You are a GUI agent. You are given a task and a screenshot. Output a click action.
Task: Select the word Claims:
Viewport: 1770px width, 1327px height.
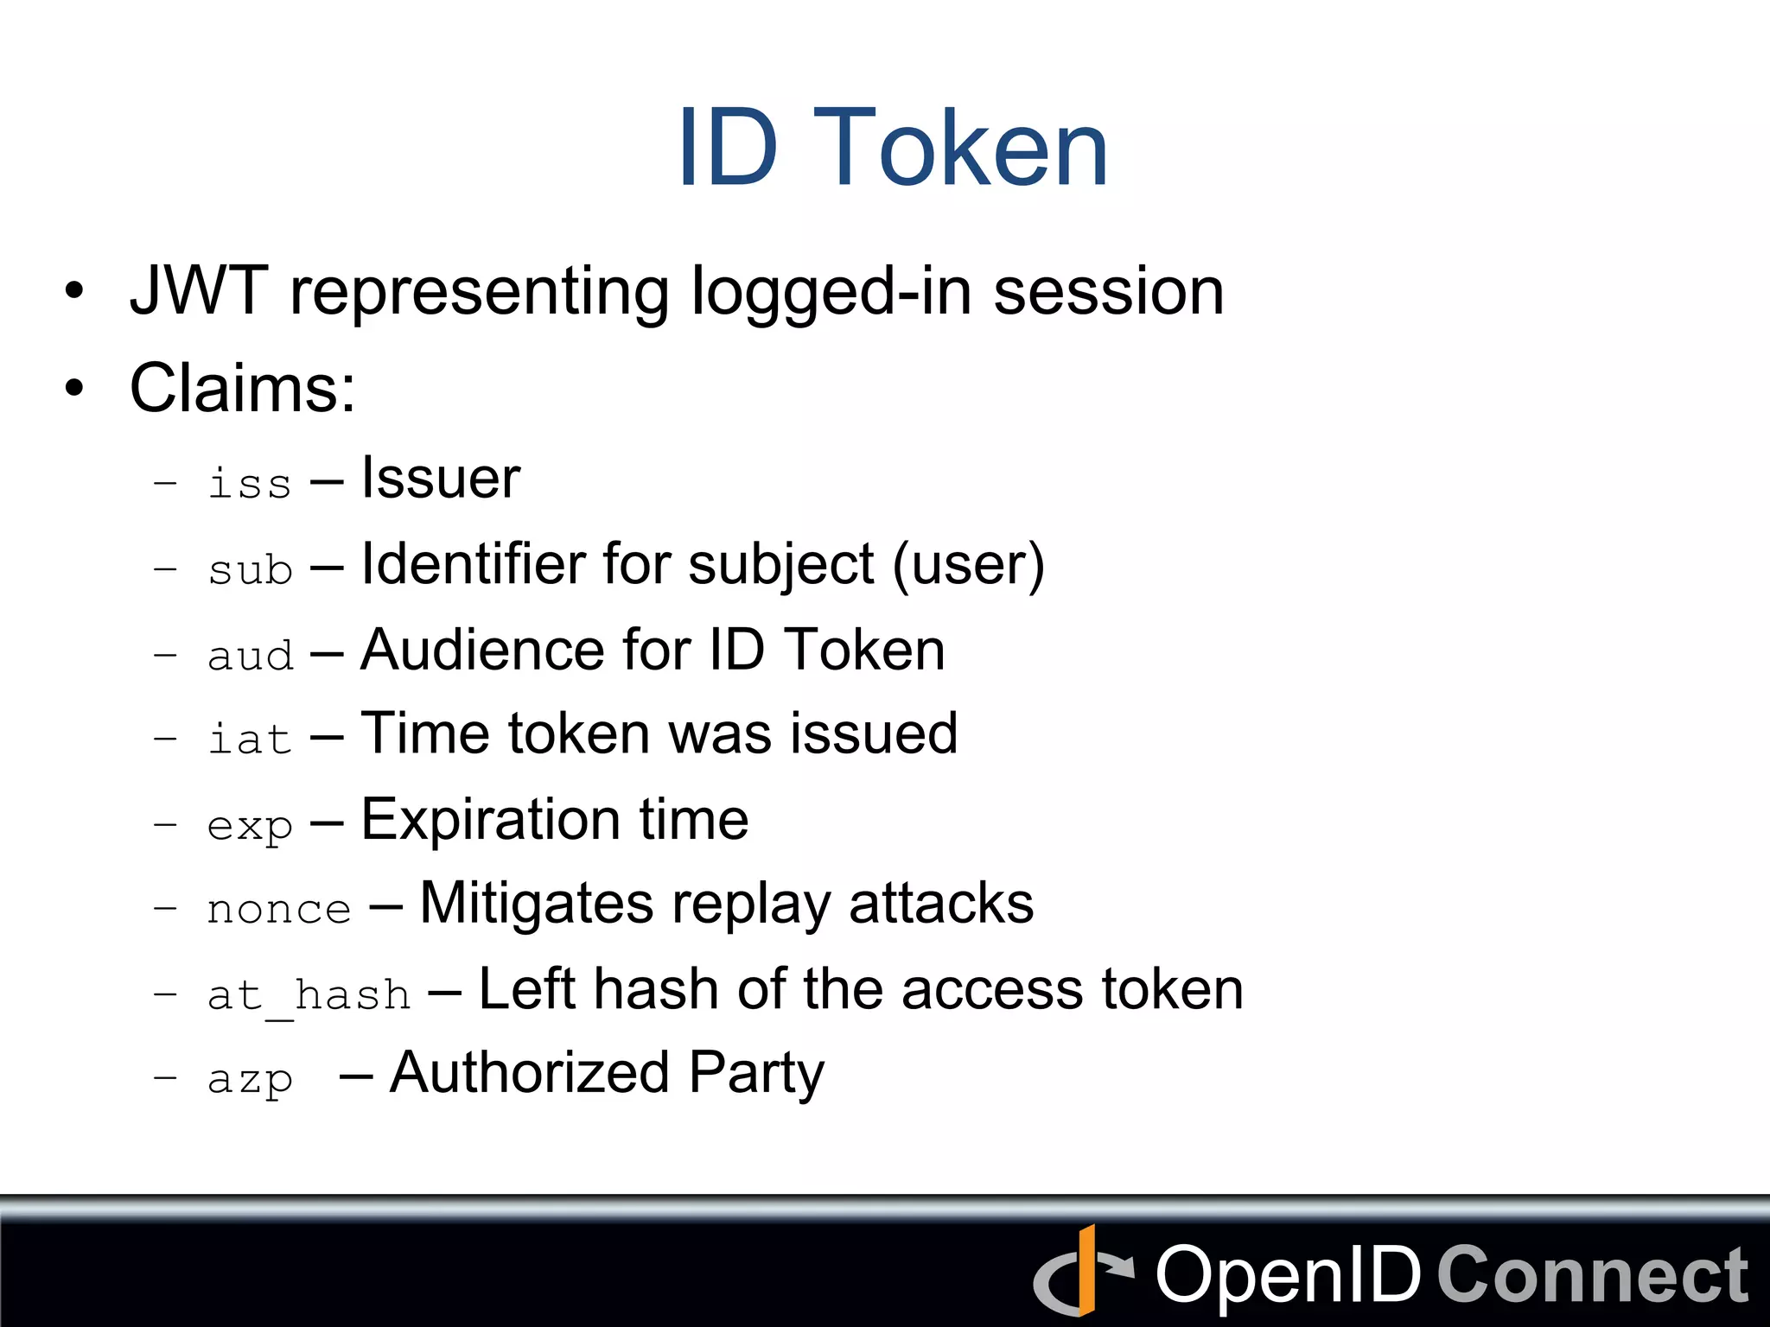[242, 388]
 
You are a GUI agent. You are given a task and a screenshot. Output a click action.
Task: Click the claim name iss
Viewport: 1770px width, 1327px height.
[250, 482]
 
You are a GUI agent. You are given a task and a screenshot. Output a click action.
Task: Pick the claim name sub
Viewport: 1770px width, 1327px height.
[250, 568]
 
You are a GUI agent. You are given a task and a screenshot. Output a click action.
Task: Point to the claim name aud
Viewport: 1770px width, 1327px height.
[250, 655]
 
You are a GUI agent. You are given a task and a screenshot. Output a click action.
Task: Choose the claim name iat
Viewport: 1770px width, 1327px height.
[250, 739]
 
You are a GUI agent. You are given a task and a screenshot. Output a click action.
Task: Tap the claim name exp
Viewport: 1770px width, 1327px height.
[250, 825]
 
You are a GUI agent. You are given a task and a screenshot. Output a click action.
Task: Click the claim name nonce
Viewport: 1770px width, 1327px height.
[279, 909]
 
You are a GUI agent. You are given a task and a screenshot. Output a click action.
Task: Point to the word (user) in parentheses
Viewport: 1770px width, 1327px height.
[968, 565]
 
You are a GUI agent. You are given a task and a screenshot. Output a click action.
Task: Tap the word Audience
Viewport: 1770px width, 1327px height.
[481, 650]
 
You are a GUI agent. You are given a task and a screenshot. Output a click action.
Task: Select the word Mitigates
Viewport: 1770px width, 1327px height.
[536, 904]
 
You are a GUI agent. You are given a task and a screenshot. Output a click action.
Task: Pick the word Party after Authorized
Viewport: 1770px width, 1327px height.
[756, 1073]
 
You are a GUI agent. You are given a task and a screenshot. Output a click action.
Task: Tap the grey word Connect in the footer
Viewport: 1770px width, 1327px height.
[1592, 1275]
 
